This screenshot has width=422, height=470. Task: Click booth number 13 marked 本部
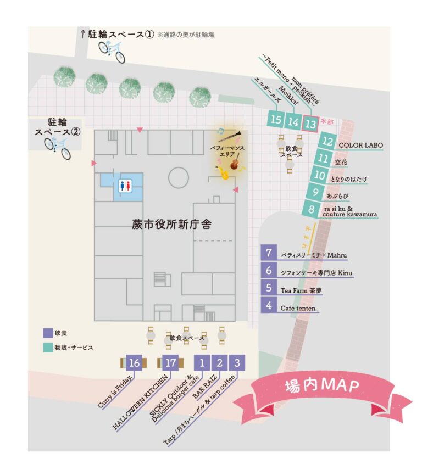coord(311,124)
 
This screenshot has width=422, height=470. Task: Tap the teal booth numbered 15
coord(276,120)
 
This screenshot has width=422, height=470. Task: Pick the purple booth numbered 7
coord(269,254)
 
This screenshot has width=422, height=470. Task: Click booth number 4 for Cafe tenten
coord(269,305)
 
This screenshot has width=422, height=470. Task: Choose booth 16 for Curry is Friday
coord(134,362)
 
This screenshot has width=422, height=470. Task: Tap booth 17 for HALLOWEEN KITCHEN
coord(170,362)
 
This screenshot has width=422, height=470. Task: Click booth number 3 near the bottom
coord(237,362)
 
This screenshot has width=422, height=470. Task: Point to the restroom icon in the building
coord(125,186)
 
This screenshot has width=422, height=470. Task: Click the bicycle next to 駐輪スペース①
coord(112,51)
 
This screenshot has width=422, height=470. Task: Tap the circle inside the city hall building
coord(179,177)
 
